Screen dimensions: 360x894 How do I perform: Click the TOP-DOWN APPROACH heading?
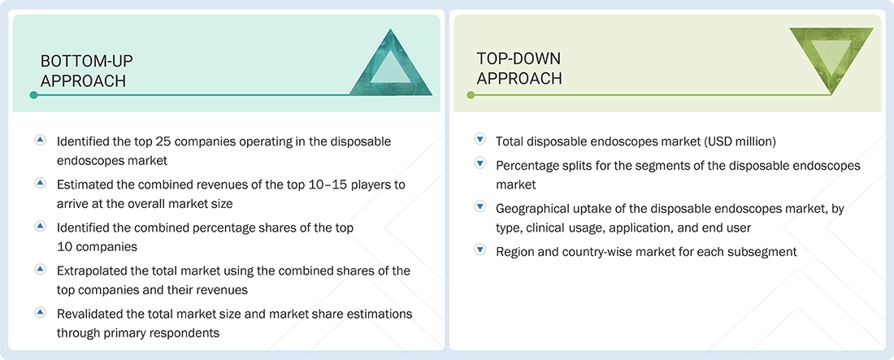click(x=519, y=68)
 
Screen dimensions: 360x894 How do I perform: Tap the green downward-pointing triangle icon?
click(x=831, y=58)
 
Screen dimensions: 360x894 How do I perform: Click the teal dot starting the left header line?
click(x=33, y=95)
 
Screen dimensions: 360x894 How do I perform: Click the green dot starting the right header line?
click(x=470, y=95)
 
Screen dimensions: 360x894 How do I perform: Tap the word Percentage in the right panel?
click(x=527, y=166)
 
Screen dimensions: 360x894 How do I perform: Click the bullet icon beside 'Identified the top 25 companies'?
click(x=40, y=141)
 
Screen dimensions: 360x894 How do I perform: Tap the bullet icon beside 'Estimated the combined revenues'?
click(x=40, y=184)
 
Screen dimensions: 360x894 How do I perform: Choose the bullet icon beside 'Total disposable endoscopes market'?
click(x=480, y=141)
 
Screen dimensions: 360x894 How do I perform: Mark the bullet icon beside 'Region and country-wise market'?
click(x=480, y=251)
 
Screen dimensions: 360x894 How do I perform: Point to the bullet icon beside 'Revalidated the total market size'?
click(x=40, y=313)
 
